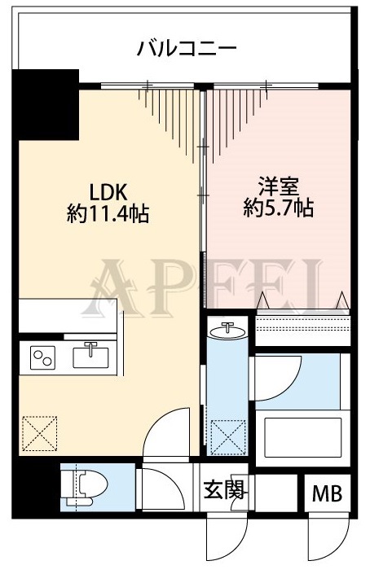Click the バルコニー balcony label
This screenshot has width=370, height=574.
[187, 46]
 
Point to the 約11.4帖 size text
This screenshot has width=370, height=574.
[108, 214]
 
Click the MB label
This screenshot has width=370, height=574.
[328, 493]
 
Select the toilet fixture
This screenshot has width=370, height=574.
[85, 487]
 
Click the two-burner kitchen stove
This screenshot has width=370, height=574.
[43, 357]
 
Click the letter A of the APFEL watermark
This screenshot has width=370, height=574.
[112, 282]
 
